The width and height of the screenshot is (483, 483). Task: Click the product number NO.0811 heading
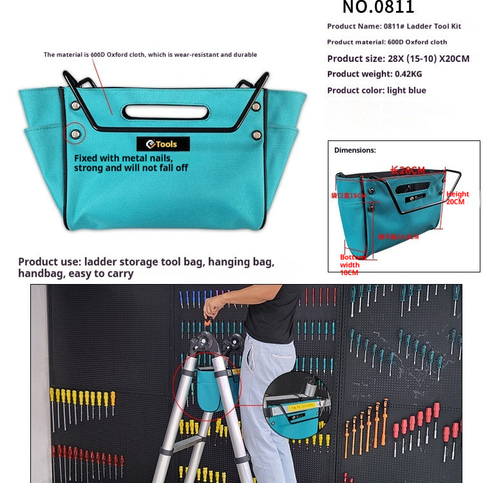coord(378,8)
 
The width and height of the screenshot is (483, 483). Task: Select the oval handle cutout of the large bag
coord(165,111)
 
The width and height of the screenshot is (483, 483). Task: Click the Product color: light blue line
coord(376,90)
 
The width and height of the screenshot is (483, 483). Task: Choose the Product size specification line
coord(398,59)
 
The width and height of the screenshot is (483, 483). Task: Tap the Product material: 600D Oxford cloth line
coord(386,43)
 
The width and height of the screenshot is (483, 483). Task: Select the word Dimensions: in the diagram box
coord(355,150)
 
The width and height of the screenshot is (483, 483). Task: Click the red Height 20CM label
coord(457,198)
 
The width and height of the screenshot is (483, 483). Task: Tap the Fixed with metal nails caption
coord(131,163)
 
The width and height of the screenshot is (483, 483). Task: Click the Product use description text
coord(146,268)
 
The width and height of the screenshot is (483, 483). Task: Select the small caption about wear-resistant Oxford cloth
coord(150,55)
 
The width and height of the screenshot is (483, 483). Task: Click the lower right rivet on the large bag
coord(257,135)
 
